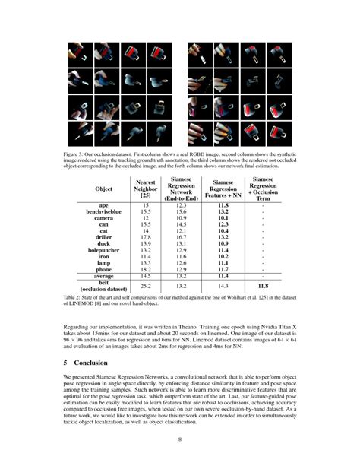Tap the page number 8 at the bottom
(x=179, y=439)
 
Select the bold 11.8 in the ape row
(x=223, y=205)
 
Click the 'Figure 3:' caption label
(x=76, y=152)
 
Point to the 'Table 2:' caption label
(x=75, y=298)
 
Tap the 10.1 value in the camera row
(x=223, y=217)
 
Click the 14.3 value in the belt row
(x=223, y=287)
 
